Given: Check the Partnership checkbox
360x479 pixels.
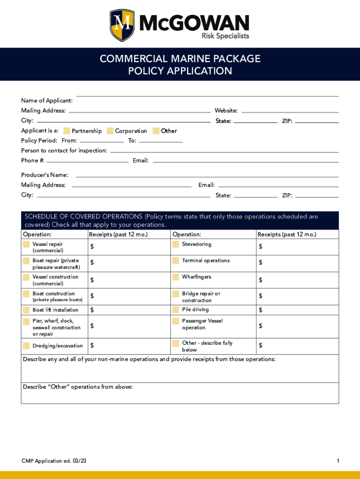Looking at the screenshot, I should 67,131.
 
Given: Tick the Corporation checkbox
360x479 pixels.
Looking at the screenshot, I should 110,131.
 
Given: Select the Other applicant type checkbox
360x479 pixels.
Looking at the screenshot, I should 156,131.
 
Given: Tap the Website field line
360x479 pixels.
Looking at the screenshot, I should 290,112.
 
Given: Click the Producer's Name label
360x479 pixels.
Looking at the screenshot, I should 44,175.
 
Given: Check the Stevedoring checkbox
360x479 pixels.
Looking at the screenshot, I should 175,244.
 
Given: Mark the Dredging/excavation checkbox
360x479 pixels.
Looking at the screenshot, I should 26,346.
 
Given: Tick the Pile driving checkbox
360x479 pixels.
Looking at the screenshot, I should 175,310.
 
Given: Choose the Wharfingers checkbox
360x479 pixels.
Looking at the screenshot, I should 175,277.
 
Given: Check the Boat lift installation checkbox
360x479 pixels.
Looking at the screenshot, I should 26,310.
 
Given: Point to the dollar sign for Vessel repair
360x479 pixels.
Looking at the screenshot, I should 92,247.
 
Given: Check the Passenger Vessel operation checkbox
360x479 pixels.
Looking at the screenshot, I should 175,321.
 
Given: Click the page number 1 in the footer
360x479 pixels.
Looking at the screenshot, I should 338,461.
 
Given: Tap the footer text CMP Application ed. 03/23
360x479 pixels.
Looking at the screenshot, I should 54,461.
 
